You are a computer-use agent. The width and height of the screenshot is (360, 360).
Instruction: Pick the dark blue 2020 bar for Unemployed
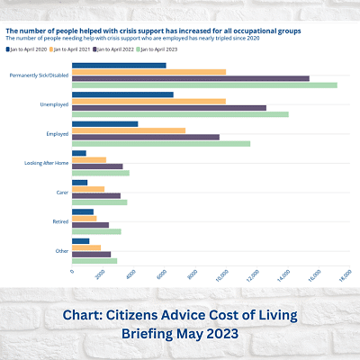click(122, 94)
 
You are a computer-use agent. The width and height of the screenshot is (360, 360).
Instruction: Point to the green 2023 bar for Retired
click(96, 231)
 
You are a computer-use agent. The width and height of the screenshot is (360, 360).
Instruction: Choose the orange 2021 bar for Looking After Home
click(89, 159)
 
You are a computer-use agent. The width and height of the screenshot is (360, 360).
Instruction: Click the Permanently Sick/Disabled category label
click(38, 76)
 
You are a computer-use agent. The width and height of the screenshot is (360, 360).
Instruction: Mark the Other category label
click(61, 250)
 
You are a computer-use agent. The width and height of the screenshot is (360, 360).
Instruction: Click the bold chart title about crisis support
click(153, 30)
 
